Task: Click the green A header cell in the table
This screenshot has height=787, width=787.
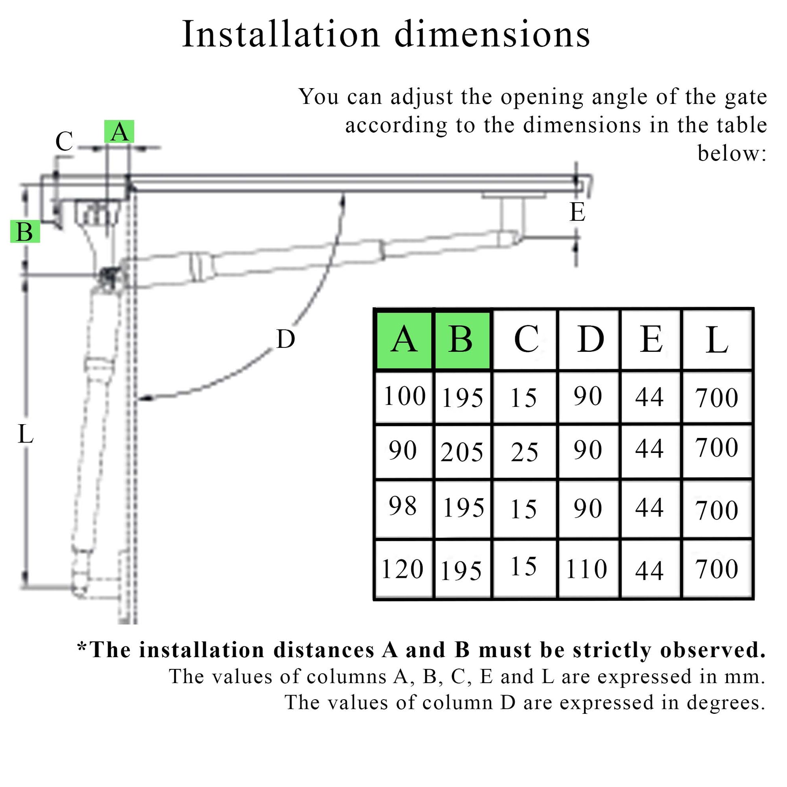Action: [404, 340]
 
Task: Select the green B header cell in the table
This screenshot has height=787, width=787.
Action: [462, 340]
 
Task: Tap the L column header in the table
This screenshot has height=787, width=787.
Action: [717, 340]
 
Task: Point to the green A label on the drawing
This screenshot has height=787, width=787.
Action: [119, 131]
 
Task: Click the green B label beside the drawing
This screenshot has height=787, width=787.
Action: [25, 232]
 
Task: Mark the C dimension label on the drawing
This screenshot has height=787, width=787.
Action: [64, 142]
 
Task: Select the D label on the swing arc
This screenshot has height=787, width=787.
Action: [285, 339]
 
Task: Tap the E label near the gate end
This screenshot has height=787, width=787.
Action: [577, 212]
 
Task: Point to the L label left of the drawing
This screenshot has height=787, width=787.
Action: [25, 434]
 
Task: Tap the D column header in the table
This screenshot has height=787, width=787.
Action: [589, 340]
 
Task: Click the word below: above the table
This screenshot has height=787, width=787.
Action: [732, 154]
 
